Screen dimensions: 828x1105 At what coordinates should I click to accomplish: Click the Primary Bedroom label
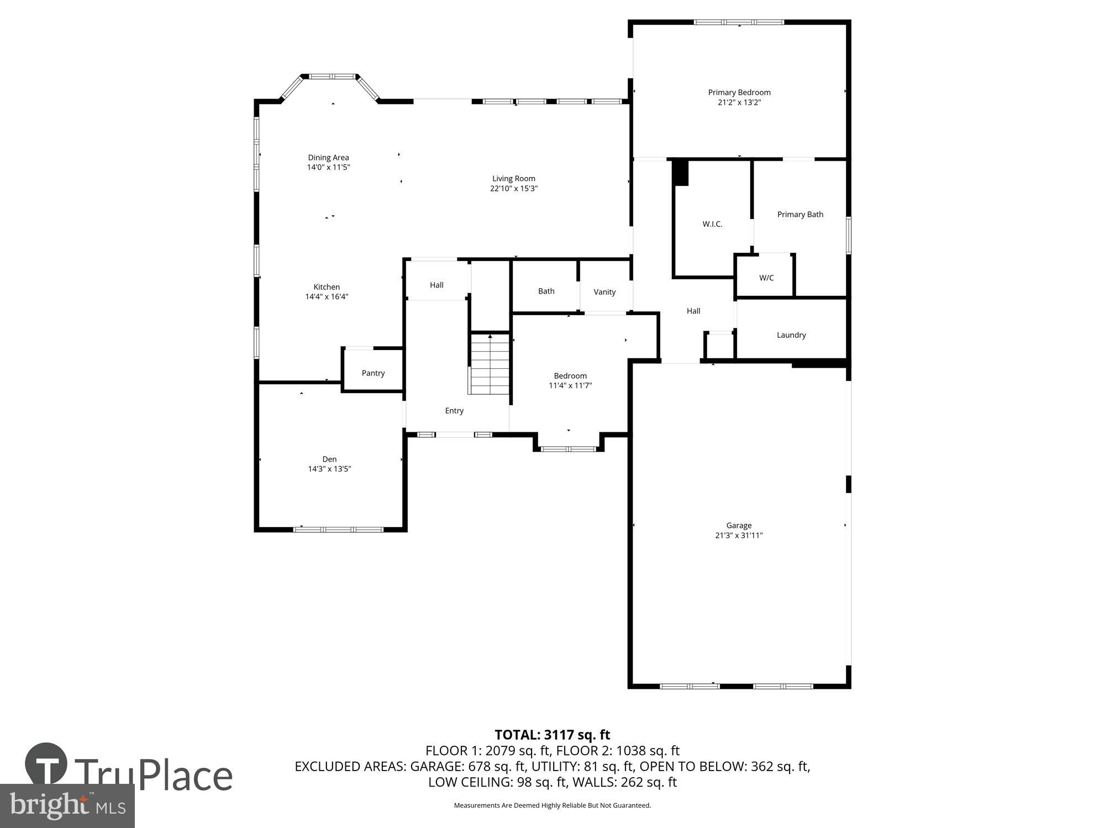click(x=739, y=92)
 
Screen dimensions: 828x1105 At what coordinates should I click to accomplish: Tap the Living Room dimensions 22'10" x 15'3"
click(x=514, y=188)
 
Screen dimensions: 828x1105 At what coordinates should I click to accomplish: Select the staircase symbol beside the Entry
click(x=490, y=364)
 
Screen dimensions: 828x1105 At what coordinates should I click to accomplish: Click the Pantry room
click(x=373, y=373)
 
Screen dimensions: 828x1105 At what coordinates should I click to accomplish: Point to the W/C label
click(x=766, y=278)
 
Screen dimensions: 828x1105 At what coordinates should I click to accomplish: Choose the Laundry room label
click(x=791, y=335)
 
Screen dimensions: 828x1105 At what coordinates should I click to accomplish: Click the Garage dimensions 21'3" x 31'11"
click(x=739, y=535)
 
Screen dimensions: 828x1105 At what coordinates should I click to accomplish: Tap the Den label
click(x=329, y=459)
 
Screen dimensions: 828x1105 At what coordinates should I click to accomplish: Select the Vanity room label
click(x=604, y=292)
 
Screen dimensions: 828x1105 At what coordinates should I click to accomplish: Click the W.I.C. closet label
click(x=712, y=224)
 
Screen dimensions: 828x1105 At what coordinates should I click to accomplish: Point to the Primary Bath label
click(x=800, y=214)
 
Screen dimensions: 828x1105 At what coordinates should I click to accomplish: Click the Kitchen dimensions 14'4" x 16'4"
click(x=327, y=296)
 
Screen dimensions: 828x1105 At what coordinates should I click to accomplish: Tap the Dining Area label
click(x=328, y=157)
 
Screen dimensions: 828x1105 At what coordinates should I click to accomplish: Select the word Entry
click(x=454, y=411)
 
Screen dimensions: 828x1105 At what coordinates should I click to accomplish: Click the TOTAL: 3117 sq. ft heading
click(x=552, y=735)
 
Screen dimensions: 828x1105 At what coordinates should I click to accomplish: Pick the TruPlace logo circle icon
click(x=46, y=764)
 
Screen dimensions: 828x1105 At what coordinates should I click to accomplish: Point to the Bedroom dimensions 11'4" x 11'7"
click(x=570, y=385)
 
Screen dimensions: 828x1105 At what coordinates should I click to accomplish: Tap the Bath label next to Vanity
click(x=546, y=291)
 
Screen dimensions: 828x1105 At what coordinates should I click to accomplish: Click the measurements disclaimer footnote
click(x=552, y=805)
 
